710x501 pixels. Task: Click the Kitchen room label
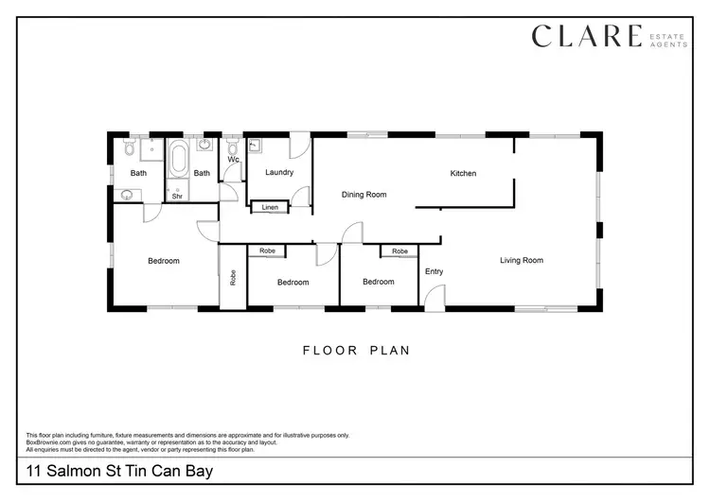pyautogui.click(x=463, y=174)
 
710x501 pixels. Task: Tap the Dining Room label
pyautogui.click(x=364, y=195)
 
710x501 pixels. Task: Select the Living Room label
pyautogui.click(x=522, y=260)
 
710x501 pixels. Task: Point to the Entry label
pyautogui.click(x=434, y=272)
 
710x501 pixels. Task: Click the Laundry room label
pyautogui.click(x=279, y=172)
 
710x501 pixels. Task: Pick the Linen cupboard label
pyautogui.click(x=270, y=207)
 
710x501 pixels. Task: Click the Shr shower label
pyautogui.click(x=177, y=198)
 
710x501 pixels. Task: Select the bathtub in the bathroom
pyautogui.click(x=178, y=158)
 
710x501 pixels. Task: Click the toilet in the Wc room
pyautogui.click(x=232, y=148)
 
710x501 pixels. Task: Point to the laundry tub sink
pyautogui.click(x=256, y=147)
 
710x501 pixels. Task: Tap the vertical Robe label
pyautogui.click(x=233, y=279)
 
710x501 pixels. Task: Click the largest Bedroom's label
pyautogui.click(x=163, y=261)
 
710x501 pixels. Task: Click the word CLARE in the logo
pyautogui.click(x=586, y=37)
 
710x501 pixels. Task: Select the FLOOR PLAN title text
pyautogui.click(x=356, y=351)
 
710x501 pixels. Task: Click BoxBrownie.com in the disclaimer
pyautogui.click(x=48, y=441)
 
